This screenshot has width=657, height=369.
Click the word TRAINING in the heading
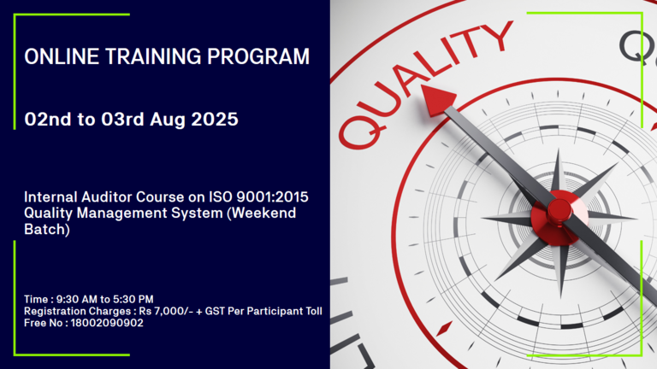pyautogui.click(x=153, y=56)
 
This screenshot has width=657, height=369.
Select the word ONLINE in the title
pyautogui.click(x=62, y=56)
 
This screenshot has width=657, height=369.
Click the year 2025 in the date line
pyautogui.click(x=215, y=120)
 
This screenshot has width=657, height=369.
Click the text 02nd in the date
pyautogui.click(x=48, y=120)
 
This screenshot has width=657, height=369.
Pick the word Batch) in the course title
pyautogui.click(x=47, y=229)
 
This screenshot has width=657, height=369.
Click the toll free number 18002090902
pyautogui.click(x=107, y=323)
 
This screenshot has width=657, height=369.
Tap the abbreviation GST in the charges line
pyautogui.click(x=215, y=311)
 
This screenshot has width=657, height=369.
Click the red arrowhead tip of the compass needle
pyautogui.click(x=422, y=85)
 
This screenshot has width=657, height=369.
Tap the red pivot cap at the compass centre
pyautogui.click(x=559, y=210)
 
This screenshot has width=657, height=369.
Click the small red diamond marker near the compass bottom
pyautogui.click(x=444, y=328)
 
